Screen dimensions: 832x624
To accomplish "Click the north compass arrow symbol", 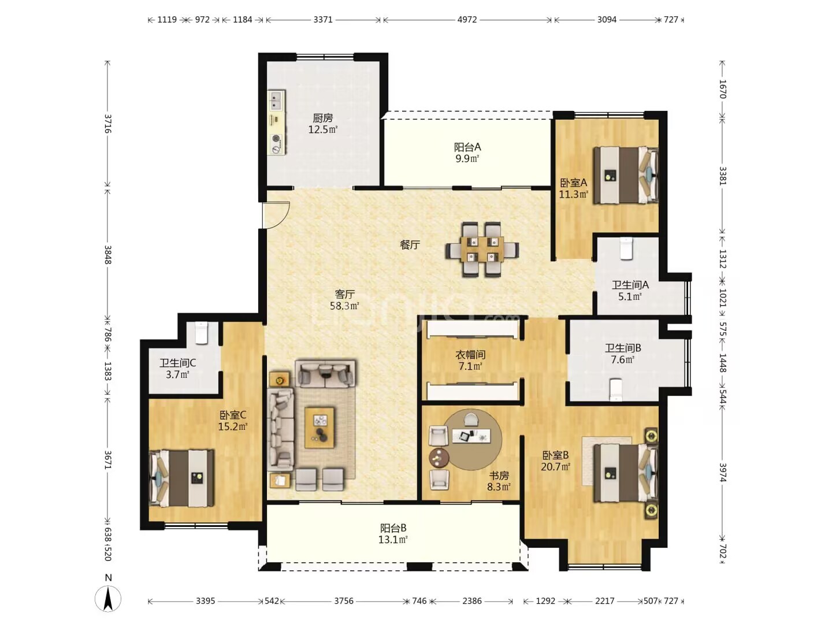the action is click(107, 598).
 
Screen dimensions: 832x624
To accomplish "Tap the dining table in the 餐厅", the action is click(482, 249).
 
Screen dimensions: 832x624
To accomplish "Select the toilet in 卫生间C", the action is click(201, 333).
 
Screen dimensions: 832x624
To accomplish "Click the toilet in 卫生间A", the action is click(626, 248).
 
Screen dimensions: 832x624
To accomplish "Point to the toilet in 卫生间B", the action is click(615, 389).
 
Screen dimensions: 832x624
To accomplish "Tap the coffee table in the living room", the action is click(320, 428).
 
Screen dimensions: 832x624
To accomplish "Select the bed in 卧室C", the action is click(181, 478).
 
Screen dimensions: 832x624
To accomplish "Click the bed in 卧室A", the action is click(626, 175).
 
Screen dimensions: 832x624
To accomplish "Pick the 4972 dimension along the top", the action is click(467, 20).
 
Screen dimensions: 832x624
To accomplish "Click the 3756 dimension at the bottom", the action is click(343, 601).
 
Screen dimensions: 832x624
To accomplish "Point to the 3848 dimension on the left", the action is click(108, 255).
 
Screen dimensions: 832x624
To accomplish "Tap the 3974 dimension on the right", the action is click(722, 473).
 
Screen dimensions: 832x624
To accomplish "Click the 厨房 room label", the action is click(322, 118).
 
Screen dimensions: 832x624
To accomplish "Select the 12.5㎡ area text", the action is click(322, 129).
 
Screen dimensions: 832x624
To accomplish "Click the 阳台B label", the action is click(393, 528).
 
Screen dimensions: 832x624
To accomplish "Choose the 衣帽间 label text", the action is click(470, 355).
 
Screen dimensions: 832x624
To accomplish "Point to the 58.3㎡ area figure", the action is click(344, 306).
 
